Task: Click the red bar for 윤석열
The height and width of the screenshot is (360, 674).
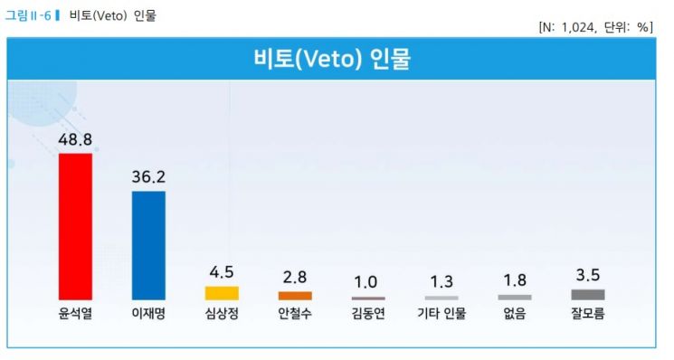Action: [x=75, y=226]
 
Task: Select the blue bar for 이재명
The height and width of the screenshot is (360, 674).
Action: [x=148, y=245]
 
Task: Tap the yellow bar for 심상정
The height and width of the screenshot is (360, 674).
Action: [x=222, y=293]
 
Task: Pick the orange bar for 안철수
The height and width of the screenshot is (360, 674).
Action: [x=295, y=296]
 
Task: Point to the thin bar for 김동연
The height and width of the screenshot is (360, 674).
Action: [x=368, y=298]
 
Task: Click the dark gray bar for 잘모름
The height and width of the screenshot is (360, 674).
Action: [x=588, y=294]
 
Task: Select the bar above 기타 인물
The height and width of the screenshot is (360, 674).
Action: [x=441, y=298]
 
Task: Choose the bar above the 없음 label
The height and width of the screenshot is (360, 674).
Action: [x=515, y=297]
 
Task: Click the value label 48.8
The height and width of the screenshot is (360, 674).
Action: [x=75, y=139]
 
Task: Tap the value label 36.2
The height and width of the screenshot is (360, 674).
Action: [x=148, y=177]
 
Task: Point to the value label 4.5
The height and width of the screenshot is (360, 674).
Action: [x=222, y=273]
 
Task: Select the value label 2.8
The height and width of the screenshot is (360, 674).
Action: [x=295, y=278]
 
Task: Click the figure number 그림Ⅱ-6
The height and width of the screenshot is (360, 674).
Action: [x=31, y=15]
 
